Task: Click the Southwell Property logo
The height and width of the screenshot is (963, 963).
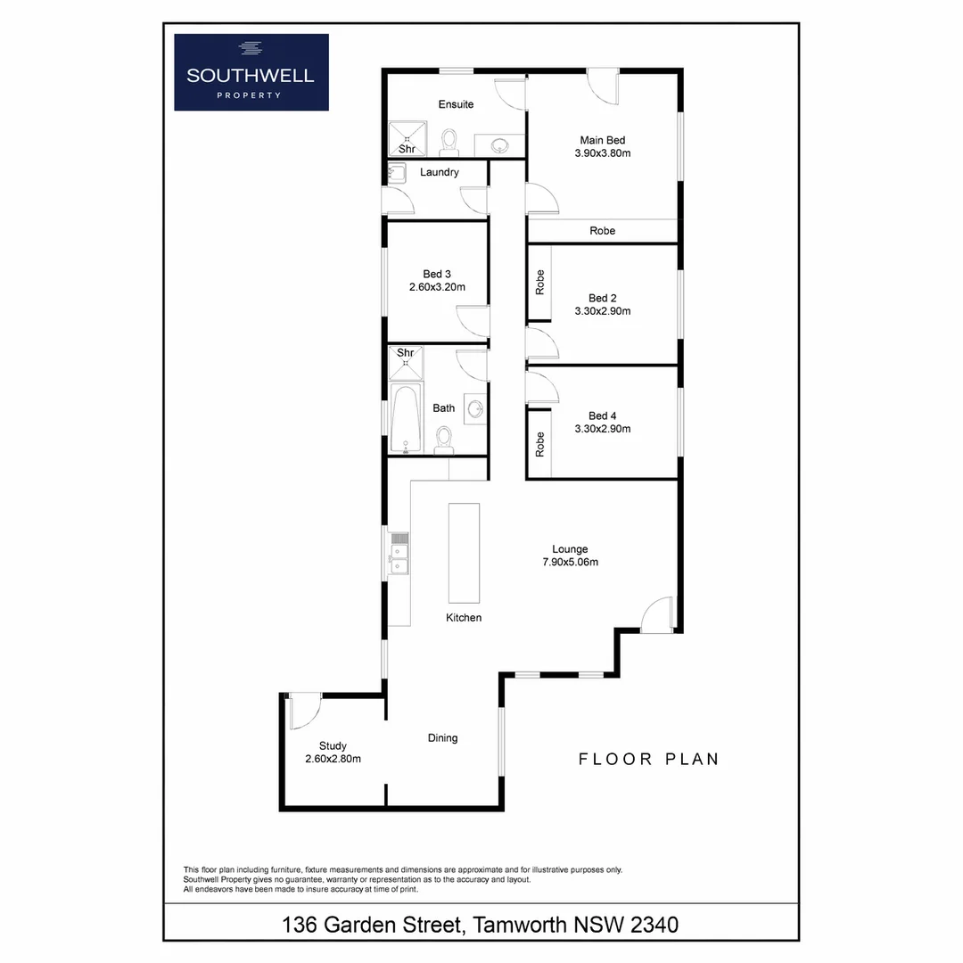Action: [x=251, y=72]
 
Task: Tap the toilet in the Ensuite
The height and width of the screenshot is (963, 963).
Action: [x=449, y=142]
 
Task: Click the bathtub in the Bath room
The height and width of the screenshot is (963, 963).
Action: [x=405, y=419]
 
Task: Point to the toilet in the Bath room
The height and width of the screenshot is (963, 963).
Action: [x=443, y=438]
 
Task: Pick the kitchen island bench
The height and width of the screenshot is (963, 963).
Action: [x=464, y=554]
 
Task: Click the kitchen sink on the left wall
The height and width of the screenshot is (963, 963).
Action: [x=399, y=553]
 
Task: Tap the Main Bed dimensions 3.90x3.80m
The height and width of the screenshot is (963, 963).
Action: [x=603, y=153]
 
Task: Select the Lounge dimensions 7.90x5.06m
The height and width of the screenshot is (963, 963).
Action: [x=570, y=563]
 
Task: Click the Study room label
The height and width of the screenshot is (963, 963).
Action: [x=333, y=746]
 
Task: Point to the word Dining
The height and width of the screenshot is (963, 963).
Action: [x=442, y=738]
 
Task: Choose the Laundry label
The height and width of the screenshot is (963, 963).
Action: [x=440, y=172]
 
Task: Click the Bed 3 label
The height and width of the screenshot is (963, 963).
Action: [x=437, y=274]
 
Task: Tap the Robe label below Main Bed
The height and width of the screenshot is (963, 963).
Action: [x=603, y=231]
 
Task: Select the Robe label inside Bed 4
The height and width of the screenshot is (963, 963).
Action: [x=539, y=444]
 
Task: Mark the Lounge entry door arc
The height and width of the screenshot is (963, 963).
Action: [x=657, y=614]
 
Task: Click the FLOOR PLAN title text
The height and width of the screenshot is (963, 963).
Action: [x=648, y=760]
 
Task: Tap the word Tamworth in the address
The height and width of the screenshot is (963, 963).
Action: [x=517, y=925]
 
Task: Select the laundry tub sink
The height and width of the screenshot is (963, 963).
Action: [x=398, y=173]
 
